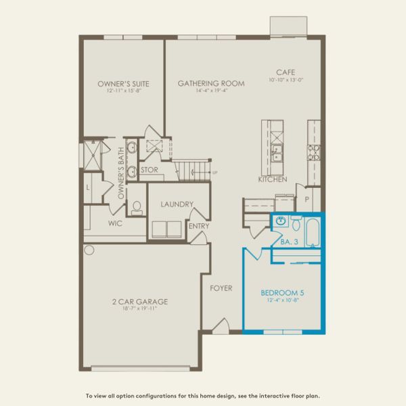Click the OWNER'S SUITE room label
122,84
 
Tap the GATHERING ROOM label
211,84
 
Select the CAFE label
284,72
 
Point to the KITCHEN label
273,180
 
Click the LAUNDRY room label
177,204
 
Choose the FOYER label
221,288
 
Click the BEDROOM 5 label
283,293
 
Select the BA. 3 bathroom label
289,240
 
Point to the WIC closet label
114,221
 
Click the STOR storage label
149,170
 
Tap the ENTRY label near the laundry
199,227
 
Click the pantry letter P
307,200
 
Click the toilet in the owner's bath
137,207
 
